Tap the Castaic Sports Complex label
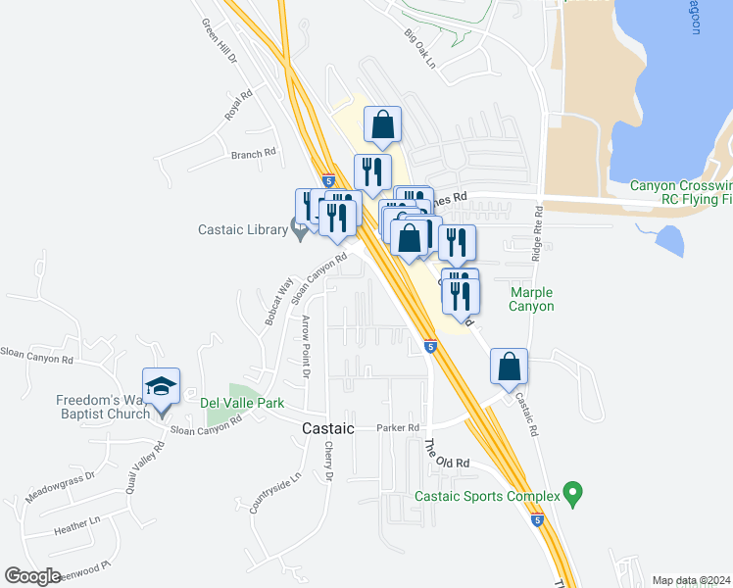pyautogui.click(x=487, y=497)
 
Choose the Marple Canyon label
pyautogui.click(x=531, y=299)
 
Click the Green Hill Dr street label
pyautogui.click(x=219, y=41)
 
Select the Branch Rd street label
pyautogui.click(x=254, y=154)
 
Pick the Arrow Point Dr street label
pyautogui.click(x=306, y=348)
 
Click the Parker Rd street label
pyautogui.click(x=398, y=428)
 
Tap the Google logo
pyautogui.click(x=33, y=576)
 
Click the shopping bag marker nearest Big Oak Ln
pyautogui.click(x=382, y=125)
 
